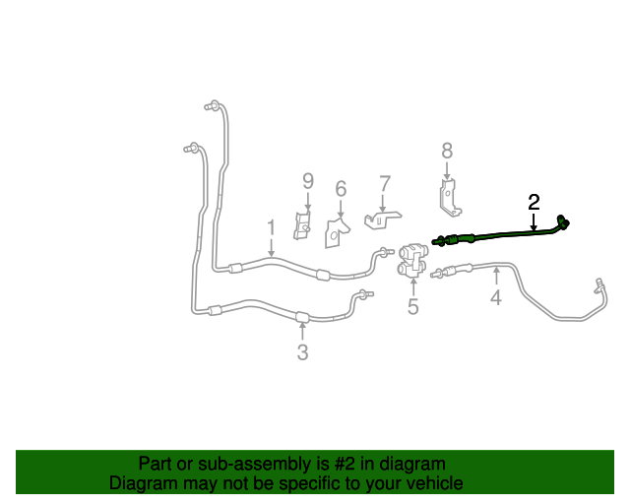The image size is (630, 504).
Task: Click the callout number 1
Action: [272, 228]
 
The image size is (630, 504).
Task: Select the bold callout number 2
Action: [534, 202]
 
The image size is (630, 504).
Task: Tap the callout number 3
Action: [302, 352]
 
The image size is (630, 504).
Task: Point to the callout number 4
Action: [496, 297]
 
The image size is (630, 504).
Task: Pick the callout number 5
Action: [413, 306]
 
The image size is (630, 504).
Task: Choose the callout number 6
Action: [341, 188]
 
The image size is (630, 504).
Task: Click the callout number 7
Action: [385, 184]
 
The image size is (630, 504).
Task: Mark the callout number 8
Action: [447, 152]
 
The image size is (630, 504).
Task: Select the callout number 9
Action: [308, 181]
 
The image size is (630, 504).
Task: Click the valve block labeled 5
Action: [412, 261]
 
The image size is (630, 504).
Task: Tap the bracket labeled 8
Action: [449, 198]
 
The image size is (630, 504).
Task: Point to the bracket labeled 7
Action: [382, 220]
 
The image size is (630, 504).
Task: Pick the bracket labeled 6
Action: [336, 233]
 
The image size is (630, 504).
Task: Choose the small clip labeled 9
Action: [302, 225]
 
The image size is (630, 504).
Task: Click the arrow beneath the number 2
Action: [534, 221]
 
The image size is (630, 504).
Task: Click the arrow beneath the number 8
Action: [447, 171]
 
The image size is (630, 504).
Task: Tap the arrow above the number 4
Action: [496, 278]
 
